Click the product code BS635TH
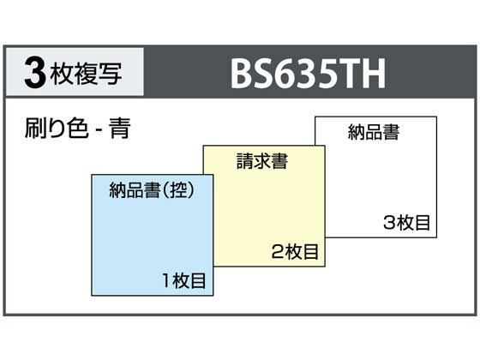(308, 74)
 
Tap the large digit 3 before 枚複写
(35, 73)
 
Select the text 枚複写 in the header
(87, 73)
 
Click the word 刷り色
(57, 128)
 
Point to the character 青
(120, 128)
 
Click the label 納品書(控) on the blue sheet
(152, 190)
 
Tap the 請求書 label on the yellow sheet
(262, 161)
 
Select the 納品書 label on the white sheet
(374, 132)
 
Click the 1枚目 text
(184, 280)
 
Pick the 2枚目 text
(295, 252)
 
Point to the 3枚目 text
(407, 223)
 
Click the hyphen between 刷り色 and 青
(99, 130)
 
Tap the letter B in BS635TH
(241, 74)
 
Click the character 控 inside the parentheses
(179, 190)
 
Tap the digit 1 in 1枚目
(166, 281)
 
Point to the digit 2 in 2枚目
(278, 252)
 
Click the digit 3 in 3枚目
(389, 223)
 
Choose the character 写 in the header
(111, 74)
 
